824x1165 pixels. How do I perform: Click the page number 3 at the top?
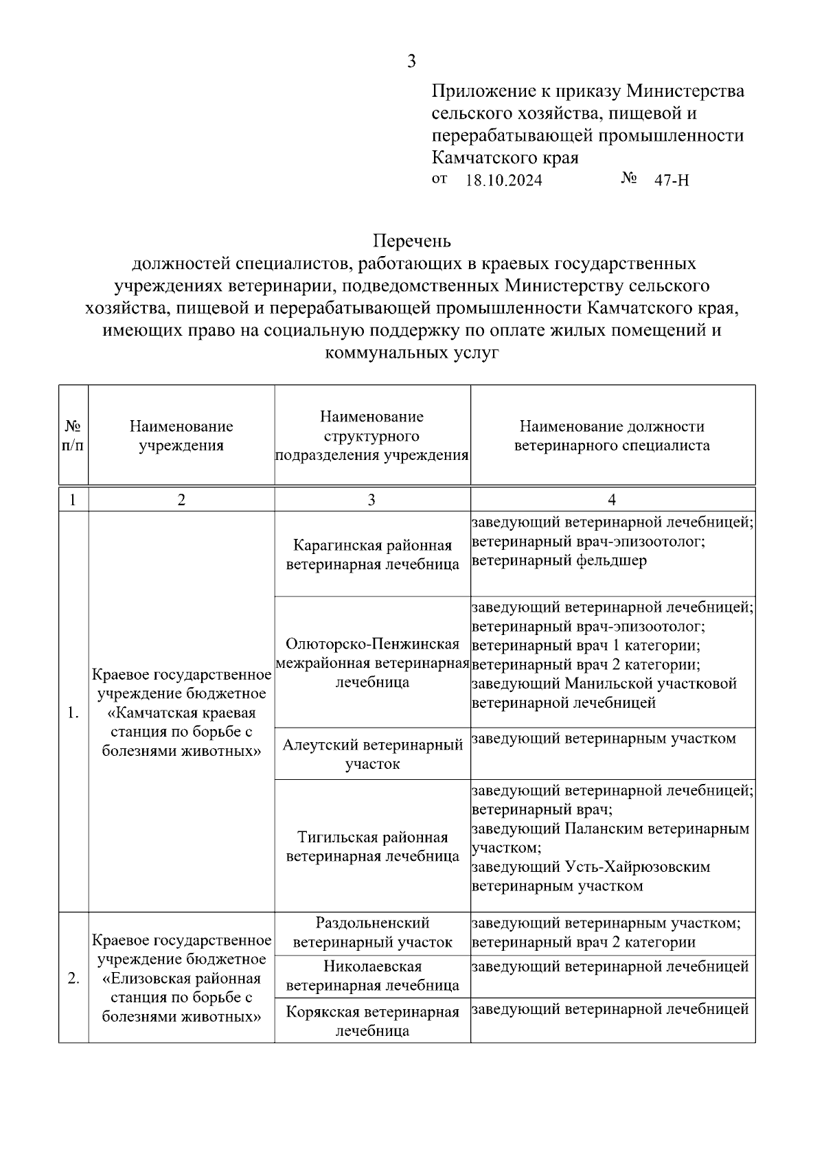tap(411, 62)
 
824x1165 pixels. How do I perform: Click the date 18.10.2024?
tap(503, 181)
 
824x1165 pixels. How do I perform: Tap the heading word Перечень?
tap(411, 241)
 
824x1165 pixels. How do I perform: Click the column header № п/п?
tap(73, 435)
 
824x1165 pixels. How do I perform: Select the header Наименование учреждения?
tap(181, 435)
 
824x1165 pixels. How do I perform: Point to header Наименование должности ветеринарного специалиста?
tap(612, 435)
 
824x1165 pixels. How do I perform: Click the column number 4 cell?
tap(612, 499)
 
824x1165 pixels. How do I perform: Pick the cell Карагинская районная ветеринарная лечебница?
tap(372, 554)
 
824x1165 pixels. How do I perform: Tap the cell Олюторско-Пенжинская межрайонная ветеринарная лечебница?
tap(372, 662)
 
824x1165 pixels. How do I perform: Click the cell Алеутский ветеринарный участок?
tap(372, 753)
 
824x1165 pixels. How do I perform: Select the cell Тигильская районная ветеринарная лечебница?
tap(372, 846)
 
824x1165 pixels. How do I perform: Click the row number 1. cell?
tap(73, 713)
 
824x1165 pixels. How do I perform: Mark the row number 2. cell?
tap(73, 978)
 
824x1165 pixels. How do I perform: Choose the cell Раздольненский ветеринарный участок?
tap(372, 932)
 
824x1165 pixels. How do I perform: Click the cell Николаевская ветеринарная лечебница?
tap(372, 976)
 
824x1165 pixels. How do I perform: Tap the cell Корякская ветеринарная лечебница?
tap(372, 1021)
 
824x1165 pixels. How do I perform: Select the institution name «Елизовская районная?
tap(181, 978)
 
